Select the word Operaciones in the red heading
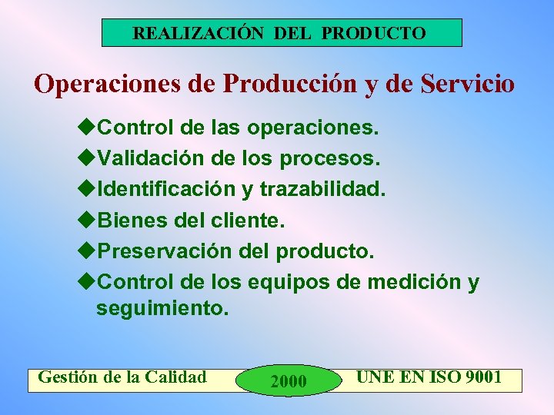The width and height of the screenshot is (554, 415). [x=107, y=84]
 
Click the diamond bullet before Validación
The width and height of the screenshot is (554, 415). [x=87, y=158]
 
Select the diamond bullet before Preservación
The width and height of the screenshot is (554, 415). [x=87, y=252]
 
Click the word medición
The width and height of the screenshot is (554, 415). [x=415, y=283]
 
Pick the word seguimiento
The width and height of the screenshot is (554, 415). [x=162, y=308]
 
